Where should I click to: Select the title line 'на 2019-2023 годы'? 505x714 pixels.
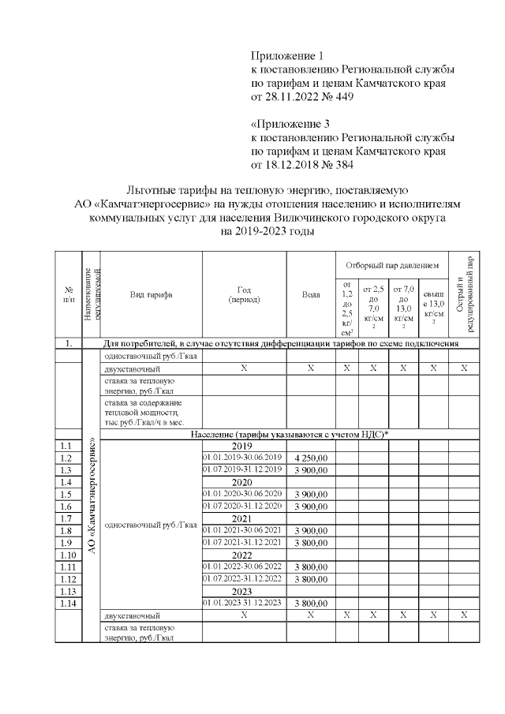click(270, 232)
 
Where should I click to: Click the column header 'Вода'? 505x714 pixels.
click(311, 295)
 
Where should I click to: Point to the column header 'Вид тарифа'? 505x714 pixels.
click(151, 295)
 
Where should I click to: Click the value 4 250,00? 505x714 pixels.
click(311, 458)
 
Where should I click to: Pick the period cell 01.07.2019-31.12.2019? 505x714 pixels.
click(244, 470)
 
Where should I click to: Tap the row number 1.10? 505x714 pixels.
click(69, 555)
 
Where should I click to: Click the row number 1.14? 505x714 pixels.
click(69, 603)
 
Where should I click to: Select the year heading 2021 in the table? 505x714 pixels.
click(244, 518)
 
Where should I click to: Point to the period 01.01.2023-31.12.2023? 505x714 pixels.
click(244, 603)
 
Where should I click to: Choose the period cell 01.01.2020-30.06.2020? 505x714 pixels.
click(244, 494)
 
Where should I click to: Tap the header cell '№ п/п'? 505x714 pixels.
click(69, 295)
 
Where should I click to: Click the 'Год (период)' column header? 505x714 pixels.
click(244, 295)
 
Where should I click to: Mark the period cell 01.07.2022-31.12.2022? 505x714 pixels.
click(244, 578)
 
